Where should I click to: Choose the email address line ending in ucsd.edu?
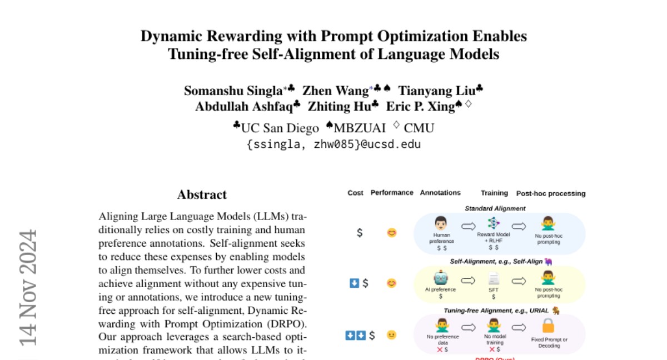point(333,144)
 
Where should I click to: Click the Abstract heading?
point(202,194)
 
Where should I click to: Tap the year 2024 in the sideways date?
point(28,255)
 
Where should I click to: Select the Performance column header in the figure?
point(392,193)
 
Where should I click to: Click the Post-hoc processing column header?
point(551,193)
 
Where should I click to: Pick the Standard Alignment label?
point(495,209)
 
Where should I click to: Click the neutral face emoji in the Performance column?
point(392,336)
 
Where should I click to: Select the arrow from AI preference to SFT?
point(467,281)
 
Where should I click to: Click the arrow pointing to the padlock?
point(520,327)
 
